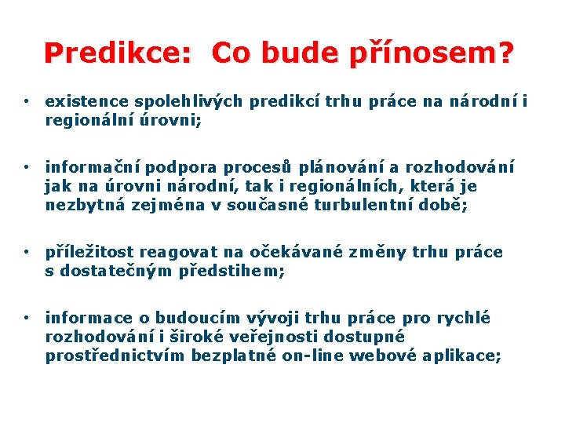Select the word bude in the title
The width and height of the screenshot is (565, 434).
point(291,53)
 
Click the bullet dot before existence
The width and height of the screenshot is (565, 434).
point(27,102)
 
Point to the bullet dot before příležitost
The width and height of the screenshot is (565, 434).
point(27,253)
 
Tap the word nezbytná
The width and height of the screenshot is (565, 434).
point(81,206)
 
